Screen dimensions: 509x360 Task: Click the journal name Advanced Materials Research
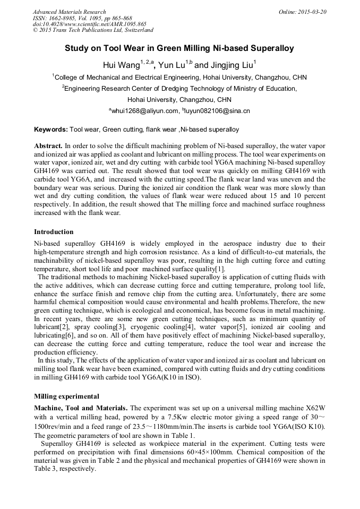69,12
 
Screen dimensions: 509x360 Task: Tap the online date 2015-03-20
312,12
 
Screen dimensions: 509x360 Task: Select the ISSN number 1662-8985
64,18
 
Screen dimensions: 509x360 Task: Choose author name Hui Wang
121,65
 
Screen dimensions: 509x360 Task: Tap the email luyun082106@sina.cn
217,111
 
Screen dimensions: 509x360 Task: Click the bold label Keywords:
51,130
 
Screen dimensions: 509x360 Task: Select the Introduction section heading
54,232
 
